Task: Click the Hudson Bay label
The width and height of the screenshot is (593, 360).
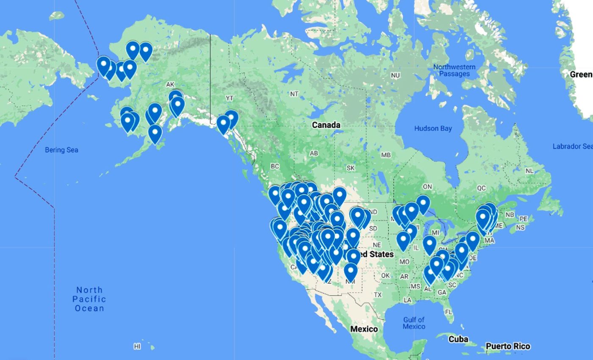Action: point(433,129)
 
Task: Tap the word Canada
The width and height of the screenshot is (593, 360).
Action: point(326,125)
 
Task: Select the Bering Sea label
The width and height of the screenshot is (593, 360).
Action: point(61,150)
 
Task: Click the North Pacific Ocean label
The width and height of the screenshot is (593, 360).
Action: point(89,299)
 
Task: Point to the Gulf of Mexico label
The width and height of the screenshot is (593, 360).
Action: point(414,323)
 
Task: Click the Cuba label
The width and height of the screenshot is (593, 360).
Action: point(458,339)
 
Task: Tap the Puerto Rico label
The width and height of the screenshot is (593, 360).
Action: point(508,346)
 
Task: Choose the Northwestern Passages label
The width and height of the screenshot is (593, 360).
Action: point(454,70)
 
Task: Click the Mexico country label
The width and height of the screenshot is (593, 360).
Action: point(364,329)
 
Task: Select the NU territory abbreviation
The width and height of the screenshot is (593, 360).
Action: point(395,75)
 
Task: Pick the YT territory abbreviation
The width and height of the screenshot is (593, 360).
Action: point(230,98)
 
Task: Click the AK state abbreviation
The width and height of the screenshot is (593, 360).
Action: point(170,85)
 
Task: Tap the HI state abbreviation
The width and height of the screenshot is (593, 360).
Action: point(137,346)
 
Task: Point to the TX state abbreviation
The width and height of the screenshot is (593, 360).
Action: point(378,295)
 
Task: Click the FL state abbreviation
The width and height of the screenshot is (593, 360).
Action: point(449,312)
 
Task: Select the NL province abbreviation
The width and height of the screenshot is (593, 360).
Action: point(529,171)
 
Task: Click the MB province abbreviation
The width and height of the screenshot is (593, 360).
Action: point(385,155)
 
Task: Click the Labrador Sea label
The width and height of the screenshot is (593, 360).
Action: point(572,147)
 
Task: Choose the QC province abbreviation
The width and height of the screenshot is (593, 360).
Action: point(481,188)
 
